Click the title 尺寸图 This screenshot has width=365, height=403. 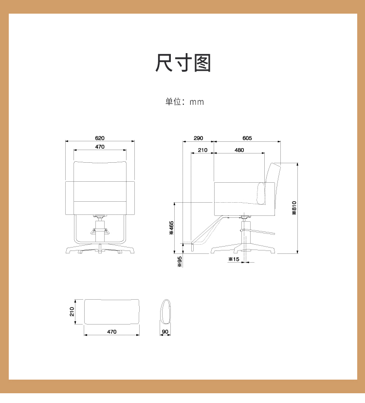click(183, 63)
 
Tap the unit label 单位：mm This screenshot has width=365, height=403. click(184, 102)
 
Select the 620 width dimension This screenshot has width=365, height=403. click(100, 138)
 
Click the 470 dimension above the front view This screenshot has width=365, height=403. click(100, 147)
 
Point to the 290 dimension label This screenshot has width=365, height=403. click(198, 138)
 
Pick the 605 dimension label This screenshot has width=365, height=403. click(247, 138)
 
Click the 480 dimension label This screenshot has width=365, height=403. click(239, 150)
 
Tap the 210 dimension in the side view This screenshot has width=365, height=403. click(202, 150)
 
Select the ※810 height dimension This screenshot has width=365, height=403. click(294, 208)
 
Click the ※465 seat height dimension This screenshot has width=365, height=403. click(171, 228)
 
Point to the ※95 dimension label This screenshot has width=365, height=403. click(180, 262)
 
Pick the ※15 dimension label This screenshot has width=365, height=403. click(234, 259)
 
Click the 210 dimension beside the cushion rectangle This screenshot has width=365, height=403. click(72, 312)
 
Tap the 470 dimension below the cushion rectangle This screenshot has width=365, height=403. click(111, 332)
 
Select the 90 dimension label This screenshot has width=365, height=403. click(165, 332)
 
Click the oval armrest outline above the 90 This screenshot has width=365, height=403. click(161, 312)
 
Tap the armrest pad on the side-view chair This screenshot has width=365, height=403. click(261, 193)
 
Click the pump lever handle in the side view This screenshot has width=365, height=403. click(258, 231)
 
